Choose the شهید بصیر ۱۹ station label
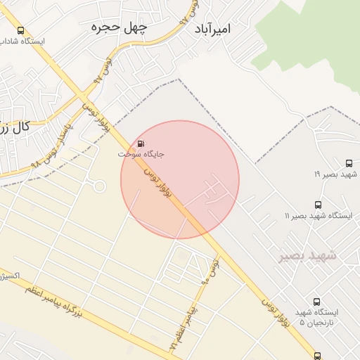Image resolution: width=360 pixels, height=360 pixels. click(x=336, y=173)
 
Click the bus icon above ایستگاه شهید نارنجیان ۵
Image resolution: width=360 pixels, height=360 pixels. click(x=316, y=301)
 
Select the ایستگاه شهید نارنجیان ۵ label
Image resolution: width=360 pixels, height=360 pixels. click(x=316, y=317)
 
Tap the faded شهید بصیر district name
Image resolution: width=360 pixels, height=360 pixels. click(x=307, y=256)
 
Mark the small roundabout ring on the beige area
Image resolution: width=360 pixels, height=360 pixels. click(x=99, y=186)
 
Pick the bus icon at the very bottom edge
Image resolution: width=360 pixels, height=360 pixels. click(x=318, y=356)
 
